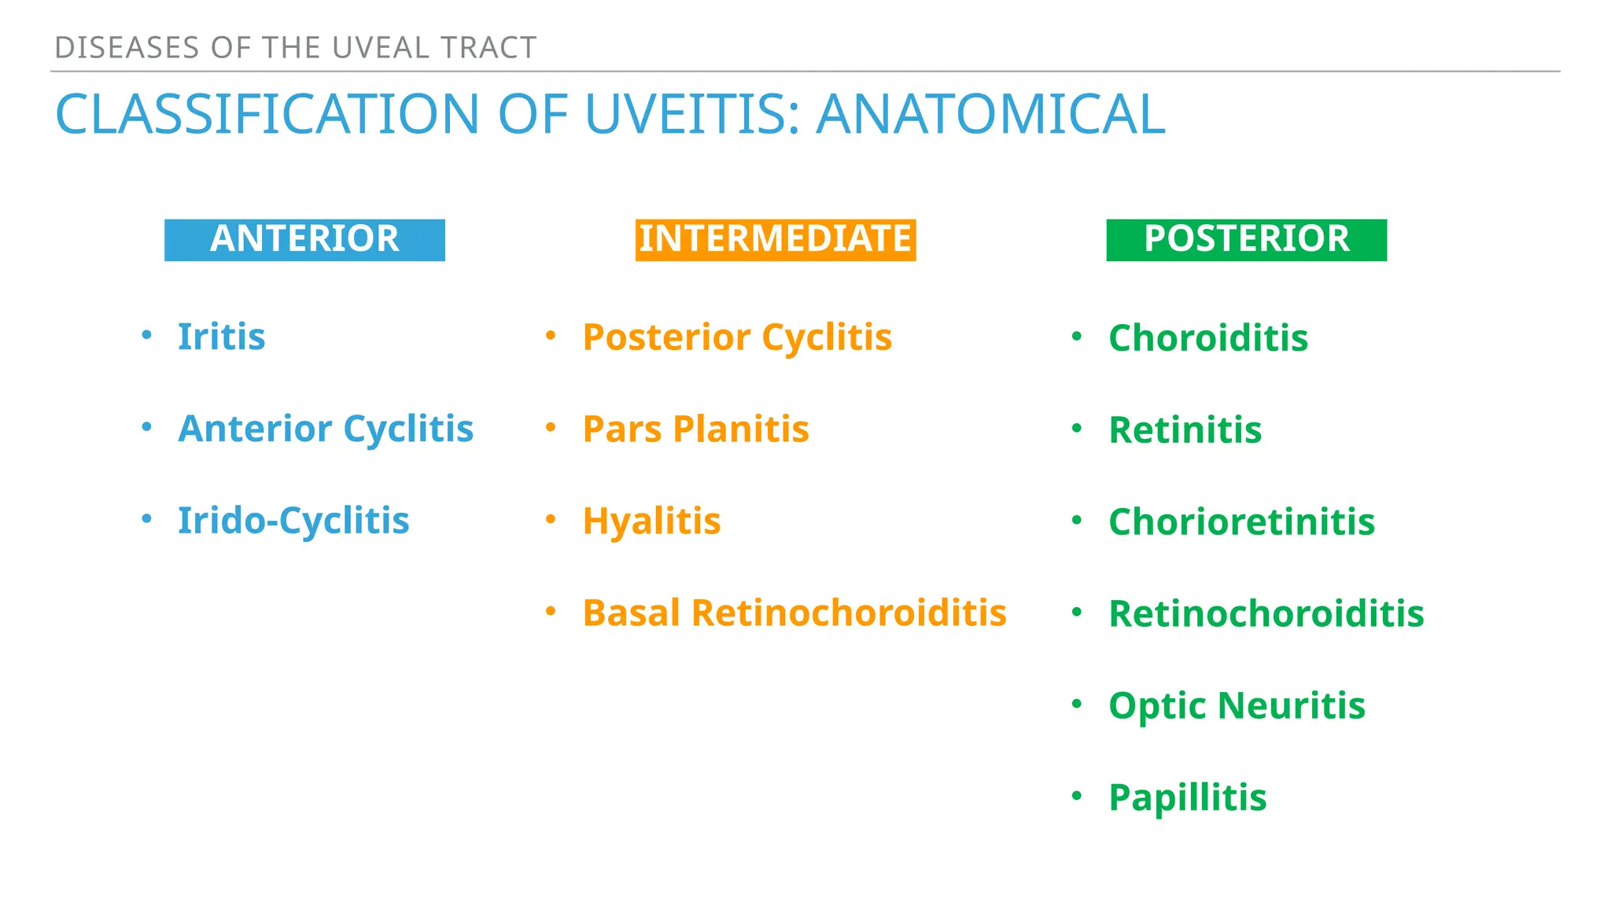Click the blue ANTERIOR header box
click(304, 240)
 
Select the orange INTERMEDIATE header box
click(775, 240)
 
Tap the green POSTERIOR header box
click(1246, 240)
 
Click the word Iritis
click(221, 337)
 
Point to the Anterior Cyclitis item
click(326, 429)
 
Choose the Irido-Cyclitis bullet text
click(293, 521)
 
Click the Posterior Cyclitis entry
click(737, 337)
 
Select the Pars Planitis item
click(695, 429)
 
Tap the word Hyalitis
click(651, 521)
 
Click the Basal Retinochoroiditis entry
click(794, 613)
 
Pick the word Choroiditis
click(1208, 338)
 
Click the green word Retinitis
click(1185, 430)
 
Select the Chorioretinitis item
click(1241, 522)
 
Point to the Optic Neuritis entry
click(1237, 705)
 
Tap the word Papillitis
click(1187, 797)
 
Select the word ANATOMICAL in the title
click(990, 115)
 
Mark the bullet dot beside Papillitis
click(1077, 796)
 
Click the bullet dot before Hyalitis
click(551, 519)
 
